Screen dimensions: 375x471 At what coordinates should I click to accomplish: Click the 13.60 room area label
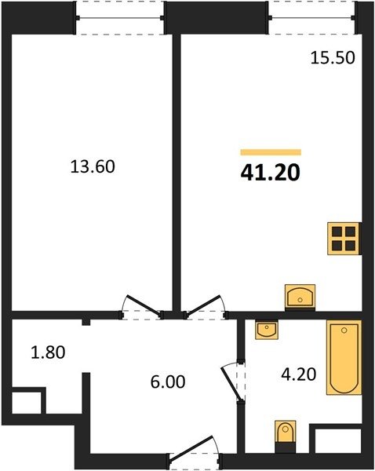click(x=93, y=166)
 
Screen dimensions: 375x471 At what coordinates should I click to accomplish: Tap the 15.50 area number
click(x=333, y=57)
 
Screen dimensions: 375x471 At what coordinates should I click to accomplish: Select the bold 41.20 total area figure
click(x=270, y=173)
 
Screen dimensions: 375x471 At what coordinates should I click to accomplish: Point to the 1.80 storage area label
click(x=48, y=352)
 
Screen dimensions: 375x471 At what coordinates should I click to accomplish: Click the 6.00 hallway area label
click(x=168, y=382)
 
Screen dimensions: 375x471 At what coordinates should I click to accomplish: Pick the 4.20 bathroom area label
click(x=299, y=374)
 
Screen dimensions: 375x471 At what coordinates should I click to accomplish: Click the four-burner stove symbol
click(x=344, y=239)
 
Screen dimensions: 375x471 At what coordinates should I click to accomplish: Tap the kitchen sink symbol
click(x=300, y=298)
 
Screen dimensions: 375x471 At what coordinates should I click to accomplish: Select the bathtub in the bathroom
click(x=344, y=357)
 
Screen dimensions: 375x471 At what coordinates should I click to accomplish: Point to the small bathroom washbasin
click(x=267, y=330)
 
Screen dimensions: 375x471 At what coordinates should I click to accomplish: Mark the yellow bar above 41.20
click(x=271, y=152)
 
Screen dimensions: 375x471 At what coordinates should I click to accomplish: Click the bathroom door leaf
click(x=231, y=384)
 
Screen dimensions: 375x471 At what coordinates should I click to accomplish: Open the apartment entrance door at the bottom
click(x=192, y=447)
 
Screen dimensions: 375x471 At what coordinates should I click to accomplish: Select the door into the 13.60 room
click(x=144, y=305)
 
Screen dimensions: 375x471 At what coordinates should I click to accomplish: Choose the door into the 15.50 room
click(x=203, y=305)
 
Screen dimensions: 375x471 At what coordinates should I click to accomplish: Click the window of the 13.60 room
click(x=119, y=18)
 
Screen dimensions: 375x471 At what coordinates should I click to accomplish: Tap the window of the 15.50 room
click(x=312, y=18)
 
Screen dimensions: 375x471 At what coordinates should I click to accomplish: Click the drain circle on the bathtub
click(x=344, y=330)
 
